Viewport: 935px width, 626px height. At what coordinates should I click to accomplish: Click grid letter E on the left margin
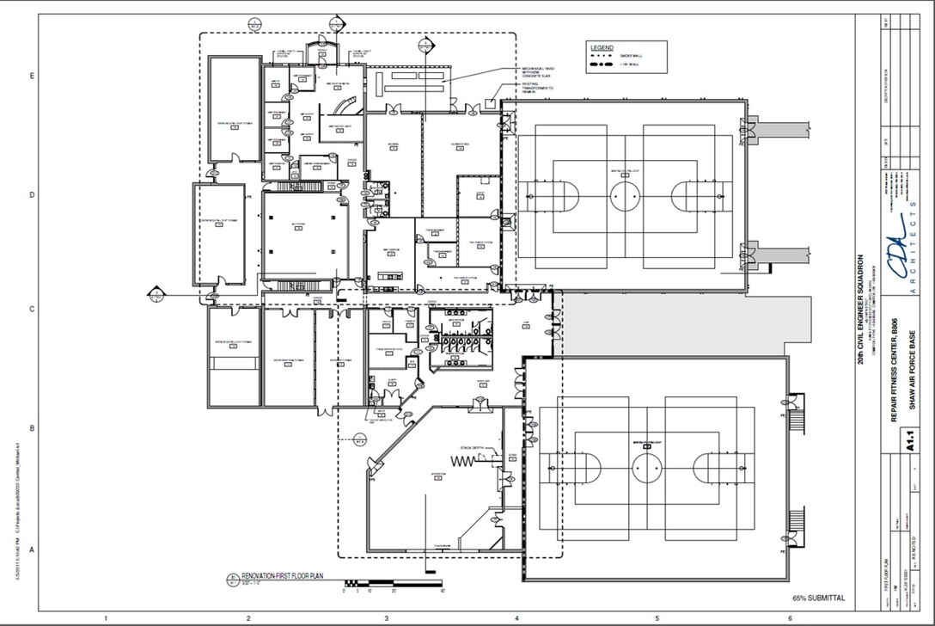click(x=32, y=77)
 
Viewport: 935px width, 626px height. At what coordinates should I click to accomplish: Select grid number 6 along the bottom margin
click(x=790, y=617)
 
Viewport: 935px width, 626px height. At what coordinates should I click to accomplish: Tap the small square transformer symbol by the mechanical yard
click(x=490, y=103)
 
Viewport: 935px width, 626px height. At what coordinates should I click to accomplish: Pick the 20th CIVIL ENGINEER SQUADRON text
click(x=860, y=310)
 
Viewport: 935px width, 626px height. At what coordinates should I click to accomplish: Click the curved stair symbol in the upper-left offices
click(x=346, y=105)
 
